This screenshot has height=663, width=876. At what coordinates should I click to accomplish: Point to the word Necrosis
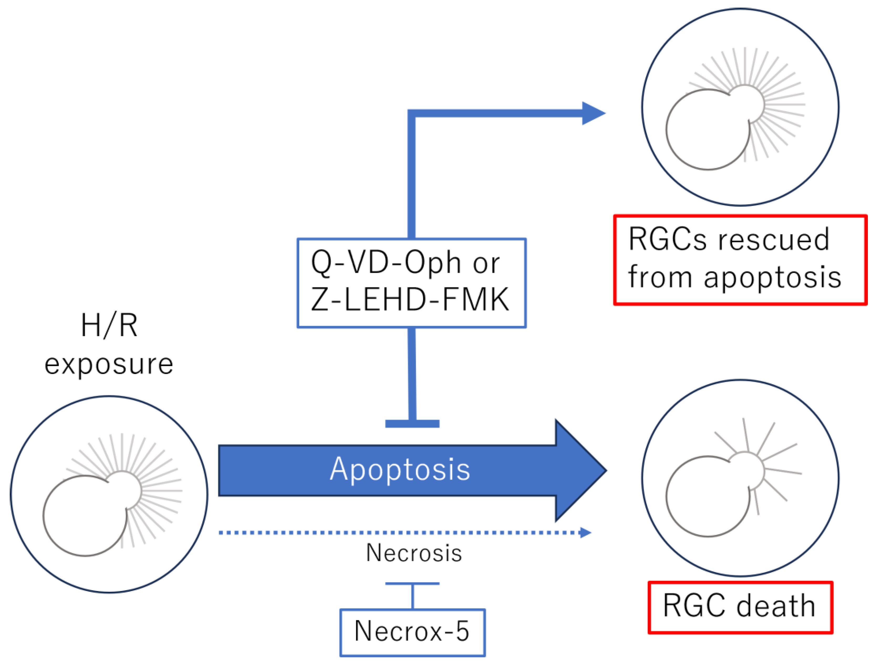click(x=414, y=553)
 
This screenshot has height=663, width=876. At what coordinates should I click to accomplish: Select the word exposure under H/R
click(x=109, y=364)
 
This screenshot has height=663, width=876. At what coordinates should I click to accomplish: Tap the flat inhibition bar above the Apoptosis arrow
click(x=412, y=424)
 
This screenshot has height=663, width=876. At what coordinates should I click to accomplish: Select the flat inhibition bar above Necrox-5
click(x=412, y=583)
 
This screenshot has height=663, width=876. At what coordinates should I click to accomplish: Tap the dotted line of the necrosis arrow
click(x=399, y=533)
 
